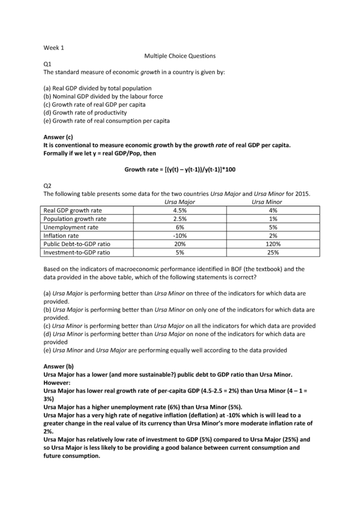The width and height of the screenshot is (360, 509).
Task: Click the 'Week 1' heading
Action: [x=54, y=48]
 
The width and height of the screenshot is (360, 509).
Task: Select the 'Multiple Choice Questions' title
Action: [x=180, y=56]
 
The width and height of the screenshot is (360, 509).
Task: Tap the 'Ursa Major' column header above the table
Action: [x=179, y=202]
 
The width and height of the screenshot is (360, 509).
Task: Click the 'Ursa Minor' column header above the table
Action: [x=267, y=202]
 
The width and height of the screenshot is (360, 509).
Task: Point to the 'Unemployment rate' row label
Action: [x=71, y=227]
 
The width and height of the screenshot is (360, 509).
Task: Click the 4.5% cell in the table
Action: [x=179, y=210]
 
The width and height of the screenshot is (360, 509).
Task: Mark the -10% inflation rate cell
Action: [x=179, y=236]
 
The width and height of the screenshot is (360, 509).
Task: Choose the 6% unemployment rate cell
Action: [x=179, y=227]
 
